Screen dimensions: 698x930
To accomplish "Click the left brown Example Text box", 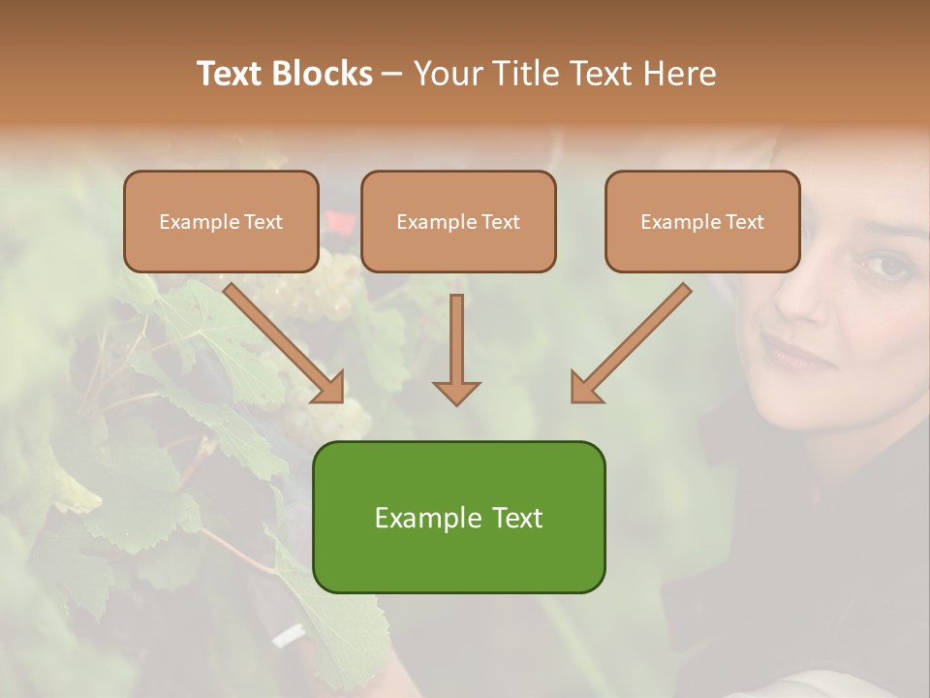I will coord(221,221).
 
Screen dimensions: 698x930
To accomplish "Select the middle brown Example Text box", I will coord(458,221).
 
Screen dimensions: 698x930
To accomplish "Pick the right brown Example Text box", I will coord(702,221).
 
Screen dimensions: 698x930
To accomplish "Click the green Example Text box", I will coord(458,517).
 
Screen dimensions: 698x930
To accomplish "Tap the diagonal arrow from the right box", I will coord(630,343).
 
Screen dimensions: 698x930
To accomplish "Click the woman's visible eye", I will coord(884,264).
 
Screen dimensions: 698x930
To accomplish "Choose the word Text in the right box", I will coord(745,221).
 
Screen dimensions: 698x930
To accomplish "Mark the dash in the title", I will coord(392,74).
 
